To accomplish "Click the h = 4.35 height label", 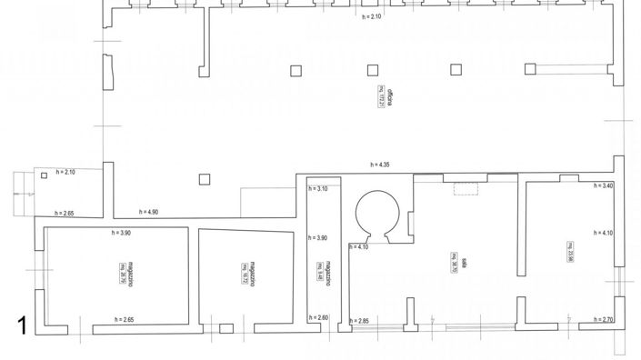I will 379,165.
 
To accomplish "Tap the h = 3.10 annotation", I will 317,189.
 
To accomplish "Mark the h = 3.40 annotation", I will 603,186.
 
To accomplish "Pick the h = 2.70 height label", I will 603,320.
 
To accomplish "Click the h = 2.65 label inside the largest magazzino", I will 125,320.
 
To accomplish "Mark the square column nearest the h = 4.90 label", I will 205,179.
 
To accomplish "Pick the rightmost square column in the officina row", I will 531,68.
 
